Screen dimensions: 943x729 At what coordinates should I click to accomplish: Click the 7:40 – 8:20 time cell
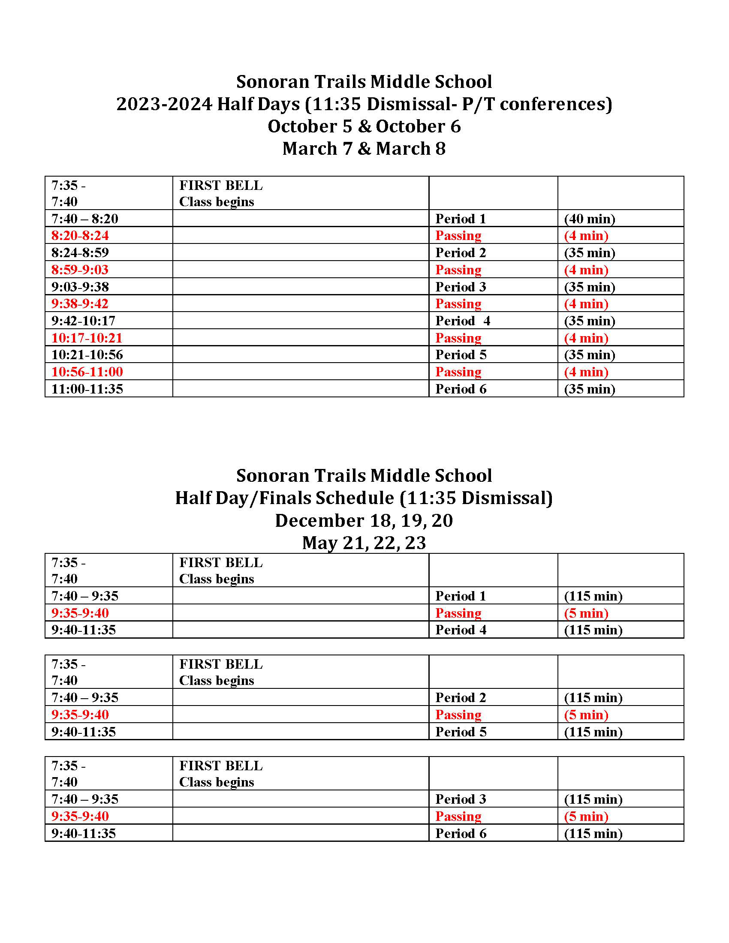(x=84, y=219)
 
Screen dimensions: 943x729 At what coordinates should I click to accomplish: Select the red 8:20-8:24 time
(x=80, y=235)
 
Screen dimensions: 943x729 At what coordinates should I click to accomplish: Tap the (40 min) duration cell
(x=590, y=219)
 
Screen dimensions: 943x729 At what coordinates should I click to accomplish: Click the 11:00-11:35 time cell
(x=87, y=389)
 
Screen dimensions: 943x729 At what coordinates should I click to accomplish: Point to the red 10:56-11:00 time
(x=87, y=371)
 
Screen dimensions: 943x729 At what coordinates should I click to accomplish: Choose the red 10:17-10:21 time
(x=87, y=338)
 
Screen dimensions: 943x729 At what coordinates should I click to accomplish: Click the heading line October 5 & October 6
(x=364, y=126)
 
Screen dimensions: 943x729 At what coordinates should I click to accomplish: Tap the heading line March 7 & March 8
(x=364, y=149)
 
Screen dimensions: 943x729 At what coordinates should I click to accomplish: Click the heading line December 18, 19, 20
(x=364, y=520)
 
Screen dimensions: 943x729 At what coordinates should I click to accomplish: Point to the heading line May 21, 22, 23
(x=364, y=543)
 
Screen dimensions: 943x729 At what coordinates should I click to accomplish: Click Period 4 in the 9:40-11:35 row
(x=461, y=630)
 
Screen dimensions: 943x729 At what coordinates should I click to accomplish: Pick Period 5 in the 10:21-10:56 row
(x=461, y=354)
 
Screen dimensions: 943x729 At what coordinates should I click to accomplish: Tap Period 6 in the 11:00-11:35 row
(x=461, y=389)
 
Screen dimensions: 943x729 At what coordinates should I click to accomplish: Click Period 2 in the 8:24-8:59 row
(x=461, y=252)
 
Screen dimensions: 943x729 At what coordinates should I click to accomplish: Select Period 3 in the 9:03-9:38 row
(x=461, y=287)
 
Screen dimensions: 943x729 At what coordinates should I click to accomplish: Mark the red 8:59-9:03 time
(x=80, y=270)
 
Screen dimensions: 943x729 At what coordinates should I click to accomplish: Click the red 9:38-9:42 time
(x=80, y=303)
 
